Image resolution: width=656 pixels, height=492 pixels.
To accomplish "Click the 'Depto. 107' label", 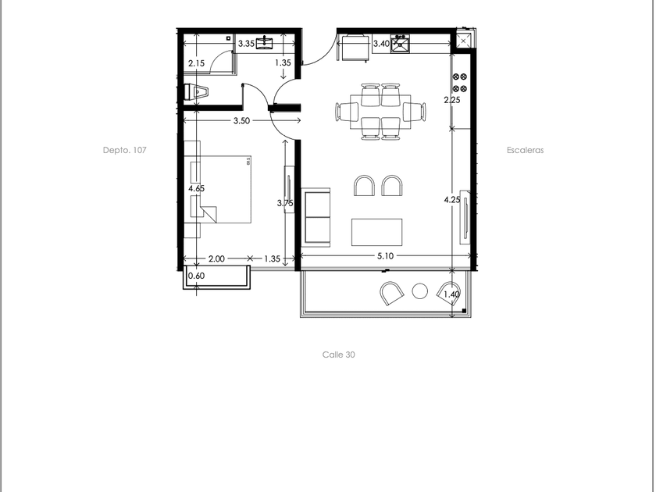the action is [125, 150].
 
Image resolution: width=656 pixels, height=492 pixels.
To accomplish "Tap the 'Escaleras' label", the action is [525, 150].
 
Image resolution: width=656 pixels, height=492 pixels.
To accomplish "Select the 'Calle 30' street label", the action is [338, 355].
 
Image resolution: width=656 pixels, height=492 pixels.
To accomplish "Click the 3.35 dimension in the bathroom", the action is [247, 44].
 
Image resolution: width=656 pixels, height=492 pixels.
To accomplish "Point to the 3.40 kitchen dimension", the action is [381, 44].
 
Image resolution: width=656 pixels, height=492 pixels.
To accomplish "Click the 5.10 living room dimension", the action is [385, 255].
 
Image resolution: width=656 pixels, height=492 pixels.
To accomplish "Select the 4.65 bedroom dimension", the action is [196, 188].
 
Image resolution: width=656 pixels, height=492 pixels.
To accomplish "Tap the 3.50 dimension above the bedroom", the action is [241, 121].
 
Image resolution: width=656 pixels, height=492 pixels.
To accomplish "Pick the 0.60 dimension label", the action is [196, 276].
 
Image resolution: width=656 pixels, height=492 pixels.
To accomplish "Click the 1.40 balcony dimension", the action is [451, 294].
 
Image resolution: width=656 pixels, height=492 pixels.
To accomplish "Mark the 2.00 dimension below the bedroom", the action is [216, 259].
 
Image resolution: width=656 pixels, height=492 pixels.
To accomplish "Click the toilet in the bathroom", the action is [196, 92].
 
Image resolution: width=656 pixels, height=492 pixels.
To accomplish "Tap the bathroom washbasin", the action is [265, 43].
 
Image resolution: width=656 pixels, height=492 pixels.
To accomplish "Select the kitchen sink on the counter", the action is [400, 44].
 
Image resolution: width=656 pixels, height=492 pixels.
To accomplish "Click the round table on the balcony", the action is [419, 291].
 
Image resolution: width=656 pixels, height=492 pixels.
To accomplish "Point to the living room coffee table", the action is [376, 232].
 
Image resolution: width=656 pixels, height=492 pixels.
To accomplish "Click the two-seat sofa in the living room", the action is [316, 218].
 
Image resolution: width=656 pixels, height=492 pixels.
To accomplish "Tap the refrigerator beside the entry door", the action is [355, 48].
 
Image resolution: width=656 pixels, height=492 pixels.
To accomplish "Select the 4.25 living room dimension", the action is [452, 200].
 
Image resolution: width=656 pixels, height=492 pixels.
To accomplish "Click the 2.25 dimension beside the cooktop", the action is [452, 100].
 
